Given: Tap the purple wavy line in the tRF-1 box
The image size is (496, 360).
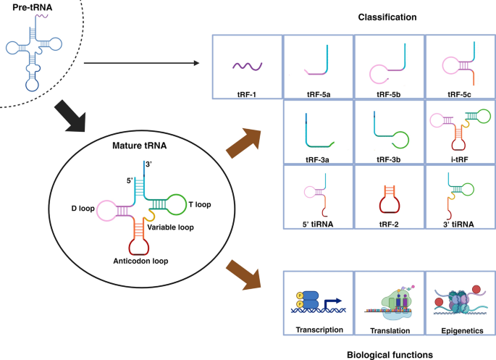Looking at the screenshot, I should [245, 67].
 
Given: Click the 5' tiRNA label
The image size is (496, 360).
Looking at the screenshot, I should [317, 224].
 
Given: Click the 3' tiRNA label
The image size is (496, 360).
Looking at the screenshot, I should [458, 224].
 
